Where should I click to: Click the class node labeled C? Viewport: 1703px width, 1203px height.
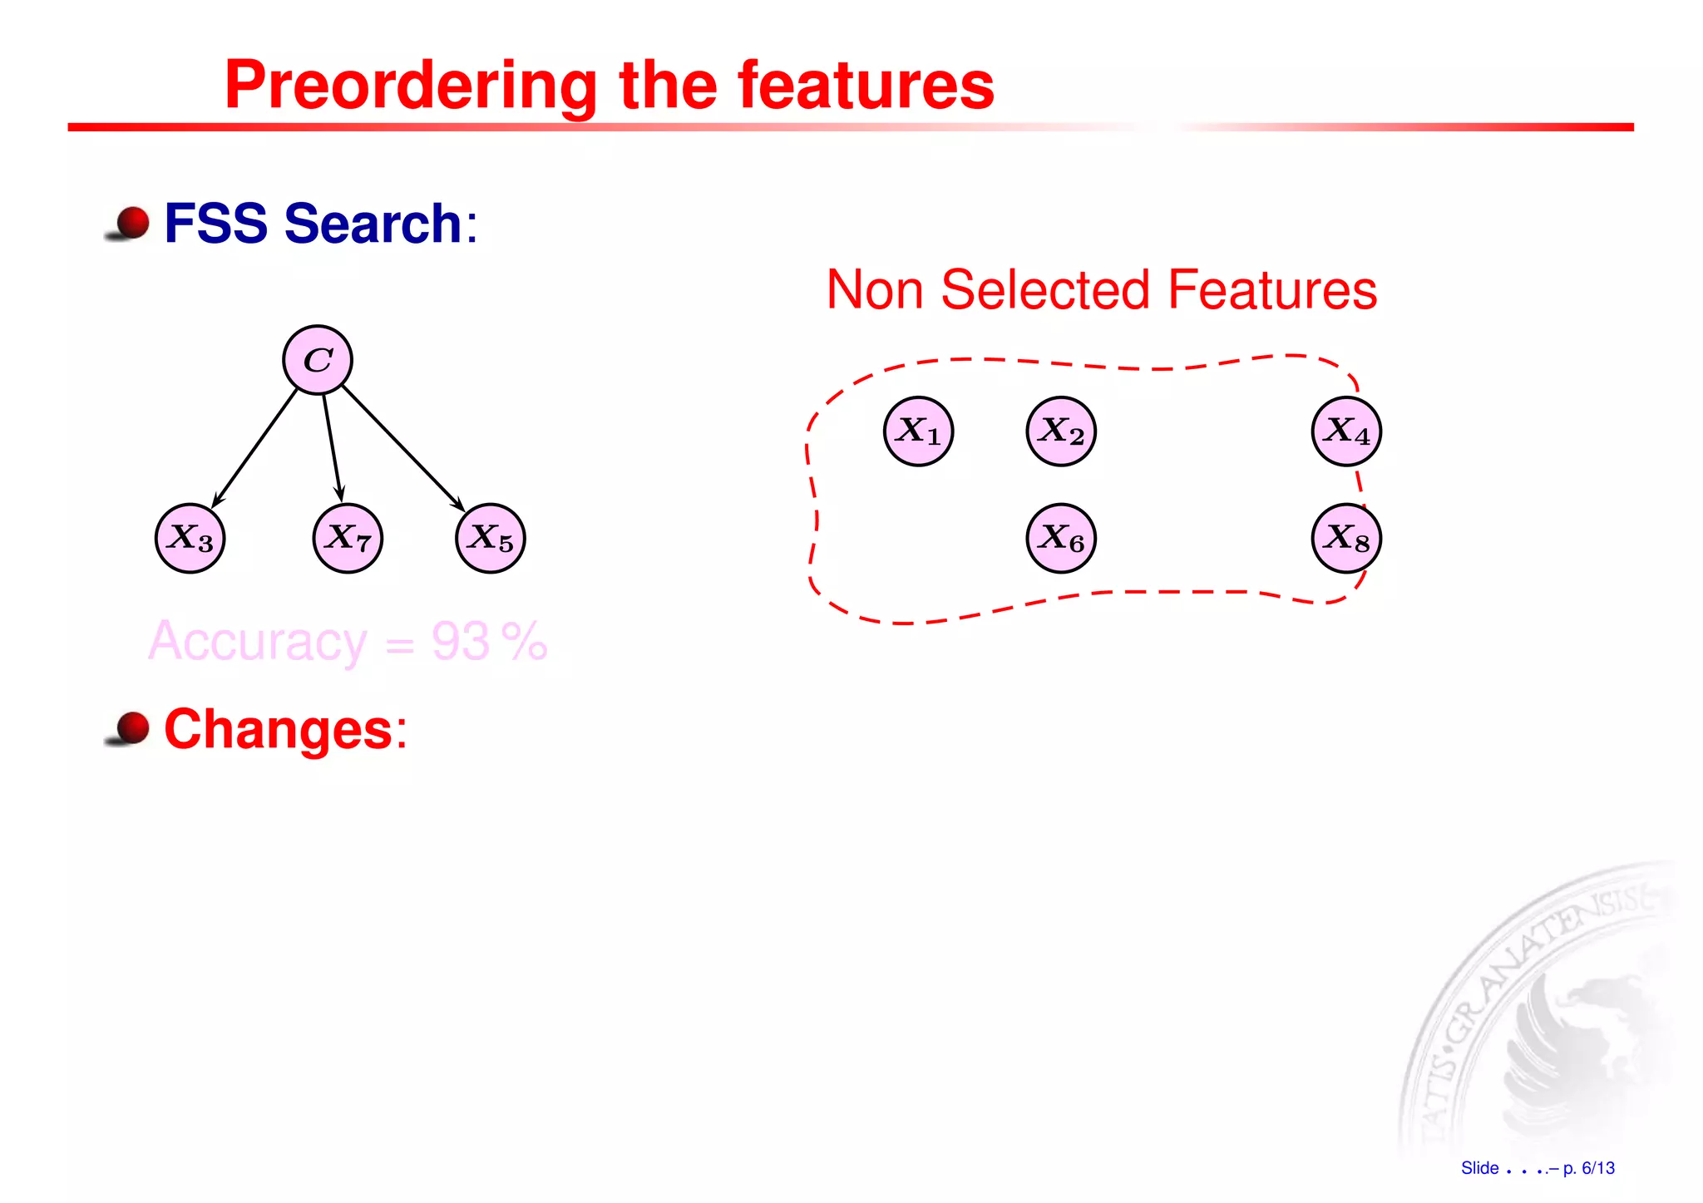[318, 360]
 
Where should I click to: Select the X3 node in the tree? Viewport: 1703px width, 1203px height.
[190, 539]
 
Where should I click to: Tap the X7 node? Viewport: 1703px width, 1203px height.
[348, 539]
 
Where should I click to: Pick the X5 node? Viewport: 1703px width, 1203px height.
[491, 539]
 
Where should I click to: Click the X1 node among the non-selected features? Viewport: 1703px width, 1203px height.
[918, 431]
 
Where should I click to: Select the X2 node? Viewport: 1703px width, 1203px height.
[1061, 431]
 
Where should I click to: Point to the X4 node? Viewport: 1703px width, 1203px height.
[1346, 431]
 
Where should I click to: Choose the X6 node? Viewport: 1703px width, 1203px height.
[1061, 539]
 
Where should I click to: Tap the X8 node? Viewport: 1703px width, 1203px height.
[1346, 539]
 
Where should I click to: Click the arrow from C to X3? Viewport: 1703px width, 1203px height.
[255, 447]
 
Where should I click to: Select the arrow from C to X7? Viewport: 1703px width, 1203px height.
[333, 447]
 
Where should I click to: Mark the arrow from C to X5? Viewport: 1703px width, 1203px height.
[402, 447]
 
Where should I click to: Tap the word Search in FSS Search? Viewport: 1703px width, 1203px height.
[373, 224]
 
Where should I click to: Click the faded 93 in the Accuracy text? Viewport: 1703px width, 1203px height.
[460, 642]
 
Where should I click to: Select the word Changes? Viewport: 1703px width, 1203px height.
[278, 729]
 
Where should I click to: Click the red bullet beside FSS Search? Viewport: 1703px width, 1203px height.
[131, 223]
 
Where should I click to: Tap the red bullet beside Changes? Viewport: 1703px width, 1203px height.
[131, 727]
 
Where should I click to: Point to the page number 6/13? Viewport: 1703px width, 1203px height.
[1597, 1168]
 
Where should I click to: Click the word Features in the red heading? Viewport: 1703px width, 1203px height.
[1272, 290]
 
